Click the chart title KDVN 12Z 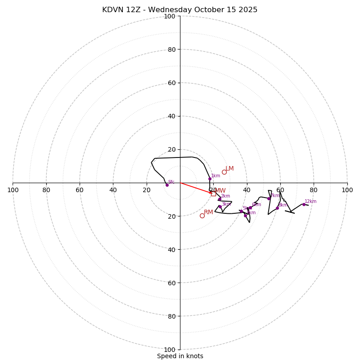point(180,10)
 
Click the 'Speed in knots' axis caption point(180,356)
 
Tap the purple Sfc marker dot point(167,185)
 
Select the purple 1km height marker point(210,179)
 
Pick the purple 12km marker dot point(304,204)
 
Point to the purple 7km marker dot point(269,198)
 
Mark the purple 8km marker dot point(277,208)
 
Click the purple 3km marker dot point(220,207)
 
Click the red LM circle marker point(224,172)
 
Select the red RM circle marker point(202,216)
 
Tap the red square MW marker point(213,193)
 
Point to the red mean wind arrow point(196,188)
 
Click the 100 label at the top point(169,16)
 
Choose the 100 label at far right point(347,190)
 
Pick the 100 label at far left point(13,190)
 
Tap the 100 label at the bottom point(169,350)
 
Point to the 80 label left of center point(46,190)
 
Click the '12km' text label point(310,202)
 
